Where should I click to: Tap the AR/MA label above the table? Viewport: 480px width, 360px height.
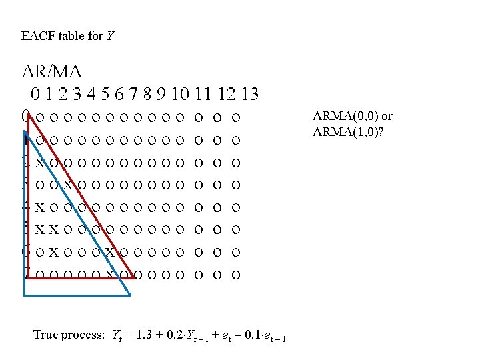(51, 71)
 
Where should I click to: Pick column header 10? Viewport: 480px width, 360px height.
(181, 93)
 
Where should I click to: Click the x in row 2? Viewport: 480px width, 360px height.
(40, 163)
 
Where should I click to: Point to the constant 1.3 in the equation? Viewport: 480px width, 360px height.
(142, 335)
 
